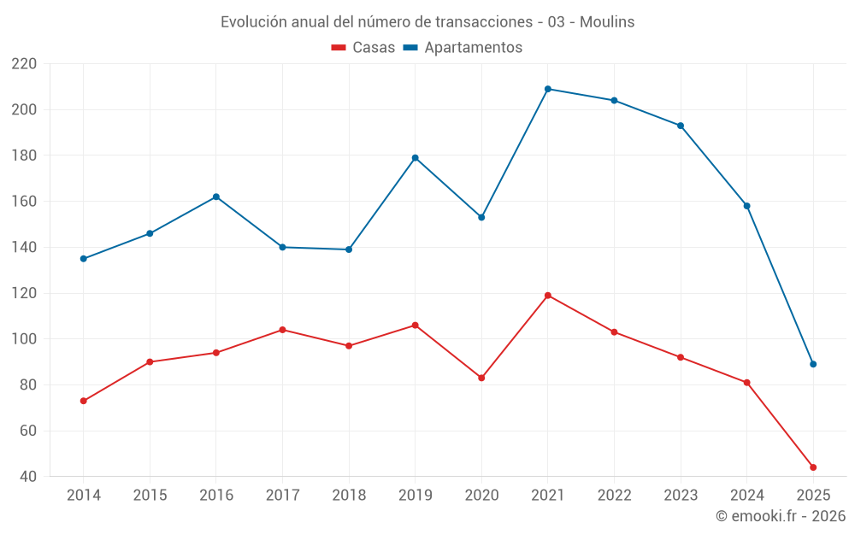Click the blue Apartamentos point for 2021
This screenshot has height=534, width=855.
pyautogui.click(x=548, y=89)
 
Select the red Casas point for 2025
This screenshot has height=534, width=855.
pyautogui.click(x=813, y=467)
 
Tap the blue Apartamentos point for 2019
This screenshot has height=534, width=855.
pyautogui.click(x=416, y=158)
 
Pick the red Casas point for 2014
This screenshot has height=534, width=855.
pyautogui.click(x=84, y=401)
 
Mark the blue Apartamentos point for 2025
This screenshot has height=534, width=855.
pyautogui.click(x=813, y=364)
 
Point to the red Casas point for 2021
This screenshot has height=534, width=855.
pyautogui.click(x=548, y=296)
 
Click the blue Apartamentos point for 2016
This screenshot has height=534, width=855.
pyautogui.click(x=216, y=197)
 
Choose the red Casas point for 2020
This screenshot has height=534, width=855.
pyautogui.click(x=481, y=378)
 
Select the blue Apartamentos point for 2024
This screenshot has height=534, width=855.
pyautogui.click(x=746, y=206)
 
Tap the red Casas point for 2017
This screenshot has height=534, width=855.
pyautogui.click(x=282, y=330)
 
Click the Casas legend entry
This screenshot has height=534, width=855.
pyautogui.click(x=363, y=48)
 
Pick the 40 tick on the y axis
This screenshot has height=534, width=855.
pyautogui.click(x=28, y=477)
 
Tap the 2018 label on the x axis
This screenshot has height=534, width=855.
pyautogui.click(x=349, y=496)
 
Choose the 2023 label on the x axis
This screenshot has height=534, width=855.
pyautogui.click(x=681, y=496)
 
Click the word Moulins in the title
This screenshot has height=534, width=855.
pyautogui.click(x=607, y=22)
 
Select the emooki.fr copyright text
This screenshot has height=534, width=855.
pyautogui.click(x=781, y=516)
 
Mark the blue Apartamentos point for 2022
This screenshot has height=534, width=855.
pyautogui.click(x=614, y=100)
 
